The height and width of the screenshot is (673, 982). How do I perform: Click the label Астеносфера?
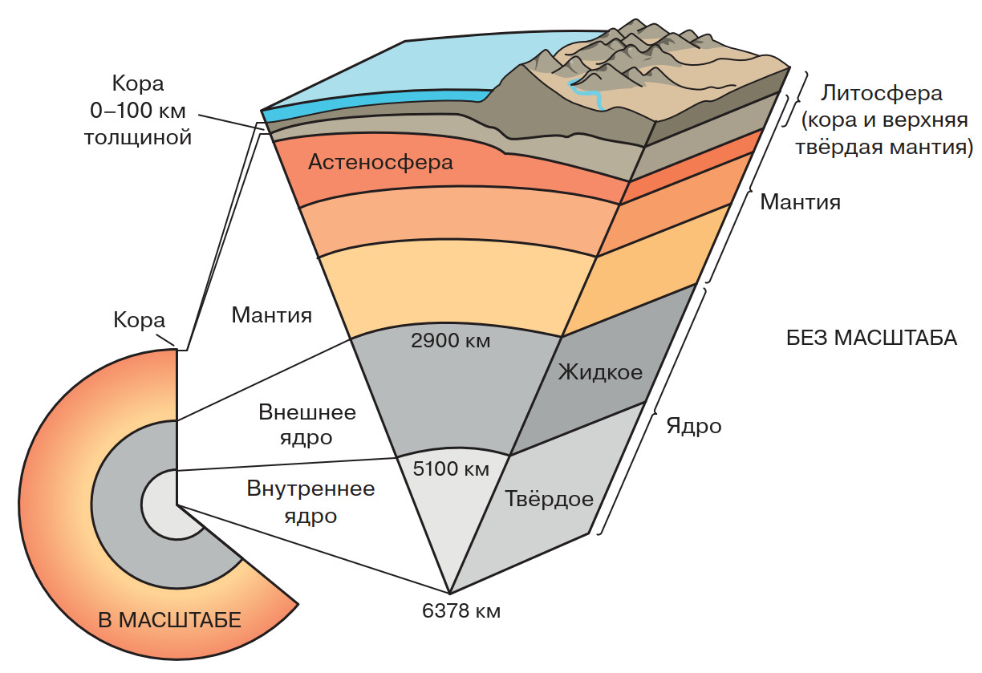[x=380, y=163]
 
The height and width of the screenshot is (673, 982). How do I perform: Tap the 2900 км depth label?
[x=450, y=340]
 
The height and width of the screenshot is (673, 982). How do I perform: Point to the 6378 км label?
[x=461, y=611]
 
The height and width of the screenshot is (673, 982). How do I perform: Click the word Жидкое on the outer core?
[x=600, y=372]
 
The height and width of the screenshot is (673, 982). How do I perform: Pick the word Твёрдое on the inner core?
[x=550, y=499]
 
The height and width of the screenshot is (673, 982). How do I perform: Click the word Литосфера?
[x=880, y=93]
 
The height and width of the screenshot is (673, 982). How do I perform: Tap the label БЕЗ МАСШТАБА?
[x=871, y=338]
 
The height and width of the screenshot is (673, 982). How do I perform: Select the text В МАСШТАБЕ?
[x=169, y=620]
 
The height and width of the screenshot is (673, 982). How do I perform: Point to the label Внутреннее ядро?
[x=310, y=502]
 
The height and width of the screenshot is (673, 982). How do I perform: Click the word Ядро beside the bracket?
[x=693, y=426]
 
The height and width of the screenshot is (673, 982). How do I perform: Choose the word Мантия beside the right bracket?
[x=800, y=201]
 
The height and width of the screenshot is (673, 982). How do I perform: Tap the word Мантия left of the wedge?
[x=271, y=314]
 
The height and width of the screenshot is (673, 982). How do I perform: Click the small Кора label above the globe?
[x=139, y=321]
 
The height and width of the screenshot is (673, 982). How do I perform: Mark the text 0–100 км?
[x=137, y=111]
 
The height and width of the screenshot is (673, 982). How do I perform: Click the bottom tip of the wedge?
[x=449, y=591]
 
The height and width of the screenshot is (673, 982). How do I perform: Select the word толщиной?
[x=137, y=137]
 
